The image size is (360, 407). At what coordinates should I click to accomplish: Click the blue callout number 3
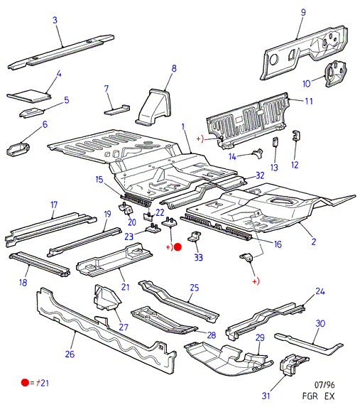[55, 21]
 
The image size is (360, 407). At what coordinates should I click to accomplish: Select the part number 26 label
[70, 354]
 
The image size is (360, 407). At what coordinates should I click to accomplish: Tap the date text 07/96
[324, 384]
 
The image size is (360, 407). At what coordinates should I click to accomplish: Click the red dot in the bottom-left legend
[25, 382]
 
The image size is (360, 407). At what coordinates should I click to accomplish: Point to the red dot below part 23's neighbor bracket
[178, 247]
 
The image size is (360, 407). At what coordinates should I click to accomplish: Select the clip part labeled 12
[296, 136]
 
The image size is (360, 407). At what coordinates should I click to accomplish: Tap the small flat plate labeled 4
[28, 95]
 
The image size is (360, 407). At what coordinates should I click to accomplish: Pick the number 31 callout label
[266, 396]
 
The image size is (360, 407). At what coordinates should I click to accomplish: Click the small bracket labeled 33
[195, 237]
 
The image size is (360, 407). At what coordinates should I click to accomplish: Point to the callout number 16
[278, 244]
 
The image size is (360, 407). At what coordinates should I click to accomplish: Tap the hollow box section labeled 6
[18, 149]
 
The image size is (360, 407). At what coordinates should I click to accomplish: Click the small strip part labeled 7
[116, 109]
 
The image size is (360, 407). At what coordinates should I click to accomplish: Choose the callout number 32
[260, 175]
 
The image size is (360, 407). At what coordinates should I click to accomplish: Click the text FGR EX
[319, 396]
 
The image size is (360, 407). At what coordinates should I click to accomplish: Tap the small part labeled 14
[258, 153]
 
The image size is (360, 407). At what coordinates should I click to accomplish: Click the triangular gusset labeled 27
[106, 298]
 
